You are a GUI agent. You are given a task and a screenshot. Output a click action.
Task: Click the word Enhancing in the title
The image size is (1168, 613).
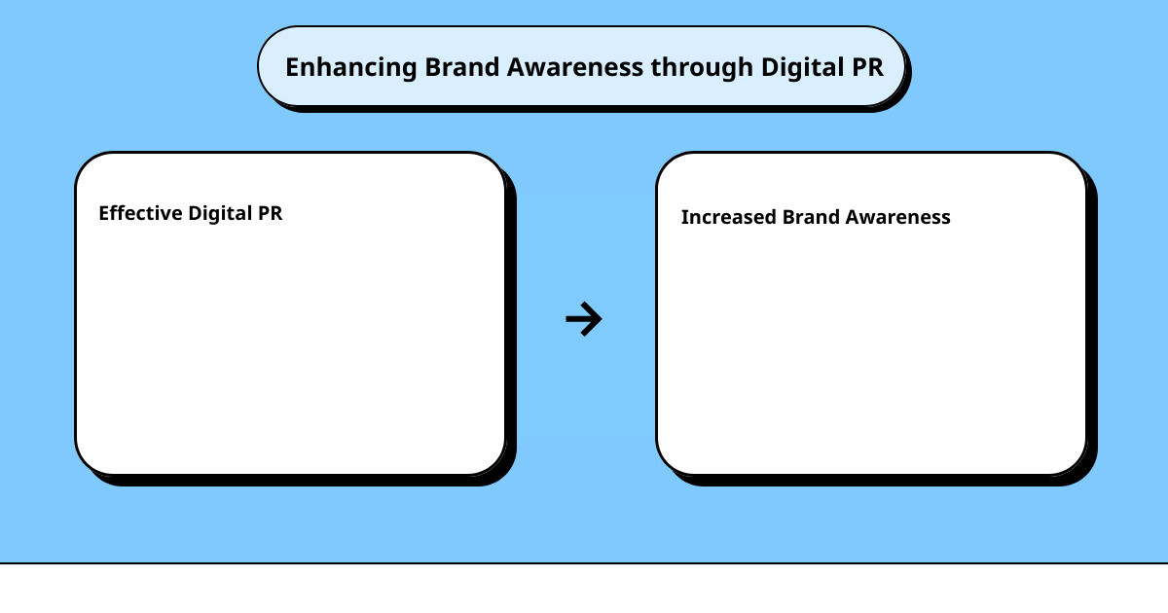click(351, 68)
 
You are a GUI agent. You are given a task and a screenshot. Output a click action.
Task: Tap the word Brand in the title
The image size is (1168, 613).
click(462, 67)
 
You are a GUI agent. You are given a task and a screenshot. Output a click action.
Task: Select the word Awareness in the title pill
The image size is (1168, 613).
click(575, 67)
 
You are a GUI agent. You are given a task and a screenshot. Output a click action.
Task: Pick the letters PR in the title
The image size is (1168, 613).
click(867, 67)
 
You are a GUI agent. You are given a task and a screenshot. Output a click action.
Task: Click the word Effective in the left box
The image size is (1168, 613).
click(140, 213)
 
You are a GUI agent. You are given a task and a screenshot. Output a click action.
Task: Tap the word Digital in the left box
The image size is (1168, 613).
click(220, 214)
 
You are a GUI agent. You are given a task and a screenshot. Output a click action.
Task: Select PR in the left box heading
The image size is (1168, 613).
click(271, 213)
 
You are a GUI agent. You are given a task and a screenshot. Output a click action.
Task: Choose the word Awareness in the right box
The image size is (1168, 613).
click(897, 217)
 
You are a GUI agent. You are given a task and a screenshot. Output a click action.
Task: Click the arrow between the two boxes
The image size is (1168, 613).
click(584, 319)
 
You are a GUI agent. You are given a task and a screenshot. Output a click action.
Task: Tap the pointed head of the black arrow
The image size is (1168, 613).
click(602, 319)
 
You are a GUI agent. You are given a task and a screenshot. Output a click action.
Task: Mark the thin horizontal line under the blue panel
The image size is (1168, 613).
click(584, 563)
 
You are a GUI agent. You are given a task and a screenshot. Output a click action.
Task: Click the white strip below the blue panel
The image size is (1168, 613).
click(584, 589)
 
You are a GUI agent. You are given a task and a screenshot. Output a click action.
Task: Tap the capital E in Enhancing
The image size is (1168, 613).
click(293, 67)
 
